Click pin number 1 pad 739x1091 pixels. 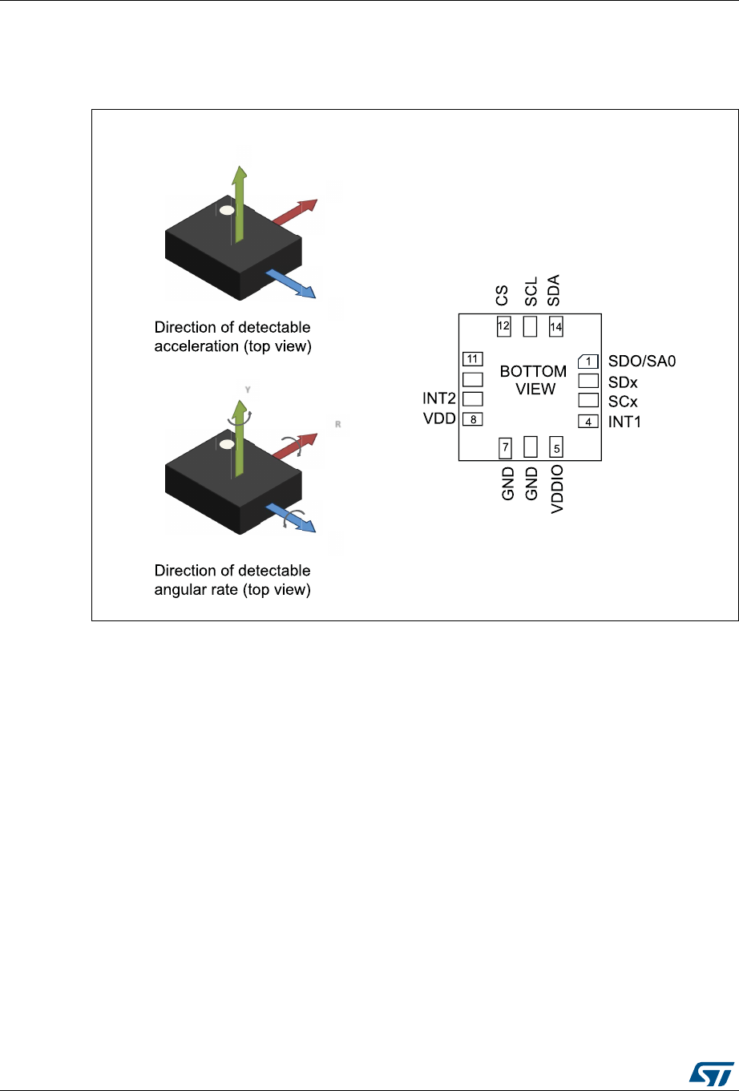click(x=588, y=362)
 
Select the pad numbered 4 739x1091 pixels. click(x=588, y=422)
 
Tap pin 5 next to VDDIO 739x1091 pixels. click(x=557, y=446)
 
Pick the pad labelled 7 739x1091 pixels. click(x=505, y=446)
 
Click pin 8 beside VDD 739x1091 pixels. click(x=473, y=418)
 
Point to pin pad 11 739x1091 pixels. click(x=473, y=358)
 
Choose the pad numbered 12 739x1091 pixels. click(x=504, y=326)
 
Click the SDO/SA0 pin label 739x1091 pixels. click(x=642, y=362)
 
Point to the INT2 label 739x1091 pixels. click(x=440, y=398)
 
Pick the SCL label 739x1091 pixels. click(x=530, y=291)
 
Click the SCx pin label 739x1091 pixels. click(x=624, y=402)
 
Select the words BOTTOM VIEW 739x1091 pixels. click(x=533, y=380)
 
